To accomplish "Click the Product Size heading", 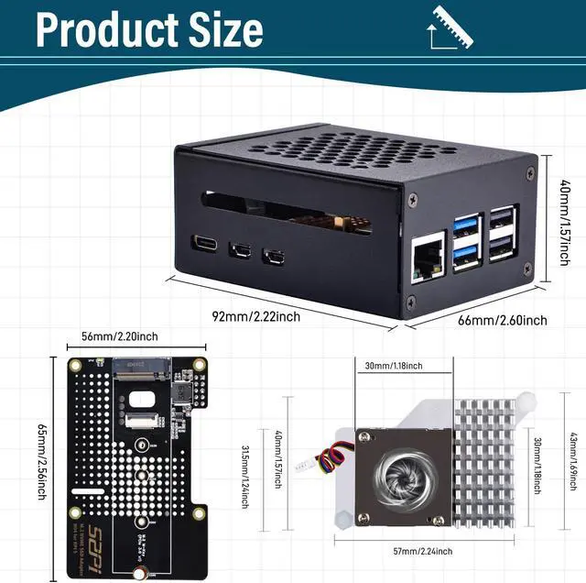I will tap(149, 29).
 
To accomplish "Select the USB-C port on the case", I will tap(204, 244).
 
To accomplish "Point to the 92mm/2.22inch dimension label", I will tap(255, 316).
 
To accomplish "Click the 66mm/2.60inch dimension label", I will tap(502, 320).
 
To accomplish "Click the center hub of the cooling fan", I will tap(403, 475).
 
